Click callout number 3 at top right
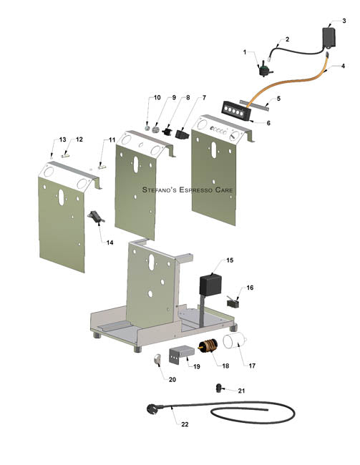point(344,21)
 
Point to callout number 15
point(229,260)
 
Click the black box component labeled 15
point(208,283)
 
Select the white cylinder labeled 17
point(237,343)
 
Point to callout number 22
point(185,425)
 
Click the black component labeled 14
point(94,216)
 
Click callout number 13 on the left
point(62,139)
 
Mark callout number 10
point(157,97)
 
